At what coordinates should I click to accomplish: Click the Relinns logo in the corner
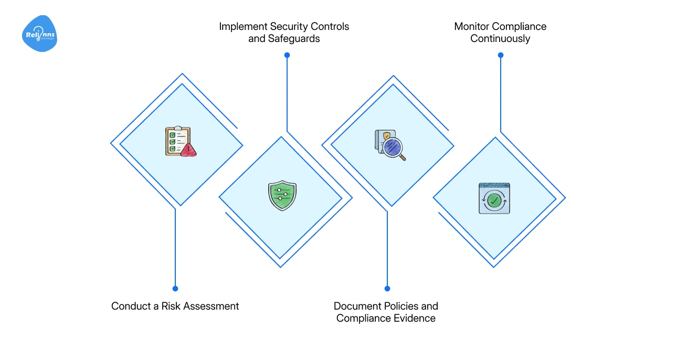39,34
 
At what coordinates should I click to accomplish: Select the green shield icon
282,195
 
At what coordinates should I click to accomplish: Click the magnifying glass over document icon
390,145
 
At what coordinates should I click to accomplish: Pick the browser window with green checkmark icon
494,198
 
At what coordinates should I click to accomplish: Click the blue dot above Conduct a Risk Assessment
175,288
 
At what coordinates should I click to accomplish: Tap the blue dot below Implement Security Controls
287,55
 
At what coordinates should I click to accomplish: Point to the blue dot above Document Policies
387,288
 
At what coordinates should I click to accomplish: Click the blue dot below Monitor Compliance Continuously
501,55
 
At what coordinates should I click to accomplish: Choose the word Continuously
500,38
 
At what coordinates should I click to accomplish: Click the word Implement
244,26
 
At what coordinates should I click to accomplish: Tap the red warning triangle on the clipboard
188,151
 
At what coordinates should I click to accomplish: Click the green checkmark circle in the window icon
493,200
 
